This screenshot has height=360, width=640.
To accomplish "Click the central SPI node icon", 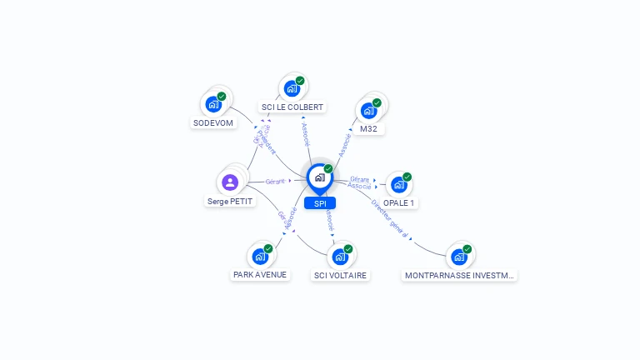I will [x=320, y=177].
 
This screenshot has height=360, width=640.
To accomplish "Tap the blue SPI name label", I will [x=320, y=203].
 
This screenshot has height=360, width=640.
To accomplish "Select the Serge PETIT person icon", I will [x=230, y=182].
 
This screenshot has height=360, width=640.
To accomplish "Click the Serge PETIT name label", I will [x=230, y=201].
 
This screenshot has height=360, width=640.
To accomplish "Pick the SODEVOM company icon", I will [x=213, y=105].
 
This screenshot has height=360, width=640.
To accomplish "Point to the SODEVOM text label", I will [x=213, y=122].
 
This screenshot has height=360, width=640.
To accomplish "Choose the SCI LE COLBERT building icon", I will [x=292, y=88].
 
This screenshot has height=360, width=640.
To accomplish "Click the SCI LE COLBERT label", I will [x=292, y=107].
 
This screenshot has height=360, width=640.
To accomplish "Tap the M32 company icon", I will [x=368, y=111].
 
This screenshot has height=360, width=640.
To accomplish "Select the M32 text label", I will [x=369, y=129].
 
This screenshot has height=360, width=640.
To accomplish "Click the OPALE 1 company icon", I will [x=399, y=184].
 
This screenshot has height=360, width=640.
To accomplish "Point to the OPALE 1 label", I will [x=399, y=202].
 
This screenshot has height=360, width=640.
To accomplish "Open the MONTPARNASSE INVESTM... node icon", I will [x=459, y=257].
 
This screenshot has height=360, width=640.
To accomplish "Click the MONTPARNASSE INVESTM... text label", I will [x=459, y=275].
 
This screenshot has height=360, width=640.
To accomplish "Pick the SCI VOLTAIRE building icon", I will [x=340, y=257].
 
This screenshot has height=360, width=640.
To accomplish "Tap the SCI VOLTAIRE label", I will [x=340, y=275].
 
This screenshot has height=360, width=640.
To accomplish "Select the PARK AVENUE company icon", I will [x=260, y=257].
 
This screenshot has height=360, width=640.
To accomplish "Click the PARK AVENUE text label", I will [x=260, y=275].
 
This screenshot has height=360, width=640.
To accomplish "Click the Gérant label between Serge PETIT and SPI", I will [x=275, y=181].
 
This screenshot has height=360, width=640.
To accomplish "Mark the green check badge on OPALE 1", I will [x=407, y=177].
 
